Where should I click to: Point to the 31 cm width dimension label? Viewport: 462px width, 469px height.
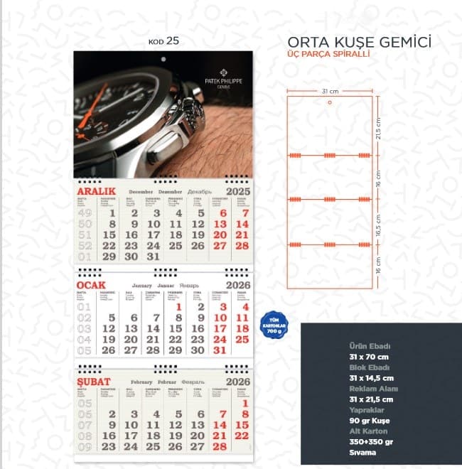tap(329, 90)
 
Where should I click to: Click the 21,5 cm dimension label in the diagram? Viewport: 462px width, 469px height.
tap(379, 129)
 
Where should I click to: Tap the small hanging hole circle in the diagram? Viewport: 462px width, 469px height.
tap(330, 103)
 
